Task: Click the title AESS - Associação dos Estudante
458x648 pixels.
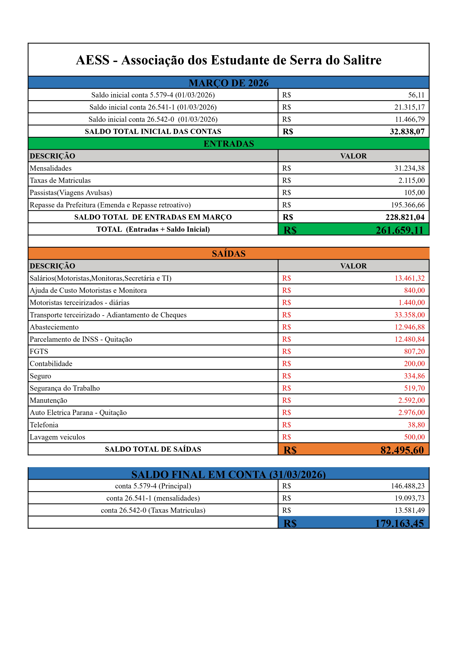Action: pos(229,60)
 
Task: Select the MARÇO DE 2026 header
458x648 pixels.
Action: pos(229,83)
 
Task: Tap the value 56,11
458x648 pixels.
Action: pos(416,95)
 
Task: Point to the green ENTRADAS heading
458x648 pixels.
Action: pos(229,144)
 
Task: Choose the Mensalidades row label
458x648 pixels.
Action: pos(51,168)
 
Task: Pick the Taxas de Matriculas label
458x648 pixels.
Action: pos(60,180)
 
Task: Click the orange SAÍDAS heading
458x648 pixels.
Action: pos(229,254)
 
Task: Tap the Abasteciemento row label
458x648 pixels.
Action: pos(54,327)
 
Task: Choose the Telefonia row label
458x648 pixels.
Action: pos(44,425)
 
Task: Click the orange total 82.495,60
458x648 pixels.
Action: pos(402,450)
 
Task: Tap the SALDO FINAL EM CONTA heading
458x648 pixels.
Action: pos(229,474)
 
